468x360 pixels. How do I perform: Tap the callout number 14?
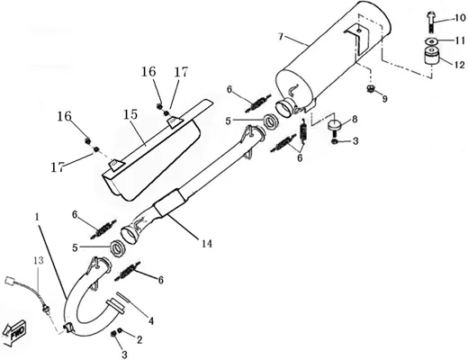point(206,244)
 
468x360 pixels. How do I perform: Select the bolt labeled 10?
point(429,22)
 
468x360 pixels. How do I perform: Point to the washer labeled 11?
point(431,41)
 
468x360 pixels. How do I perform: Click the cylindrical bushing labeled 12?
point(431,56)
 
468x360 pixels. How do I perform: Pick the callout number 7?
point(281,37)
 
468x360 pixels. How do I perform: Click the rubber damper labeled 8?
point(335,125)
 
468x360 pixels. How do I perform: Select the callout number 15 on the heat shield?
point(130,114)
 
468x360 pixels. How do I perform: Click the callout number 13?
point(39,260)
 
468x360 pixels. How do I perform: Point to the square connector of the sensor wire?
point(10,281)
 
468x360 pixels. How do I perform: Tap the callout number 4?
point(150,321)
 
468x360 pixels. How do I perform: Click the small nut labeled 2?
point(120,330)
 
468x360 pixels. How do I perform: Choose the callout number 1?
point(37,217)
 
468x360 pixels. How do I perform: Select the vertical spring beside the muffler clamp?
point(304,130)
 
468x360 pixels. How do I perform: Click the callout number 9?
point(384,99)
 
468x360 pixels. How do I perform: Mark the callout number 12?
point(459,65)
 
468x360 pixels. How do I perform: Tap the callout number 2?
point(139,340)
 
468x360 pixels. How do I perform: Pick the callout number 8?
point(355,119)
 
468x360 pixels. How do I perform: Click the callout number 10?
point(459,18)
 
